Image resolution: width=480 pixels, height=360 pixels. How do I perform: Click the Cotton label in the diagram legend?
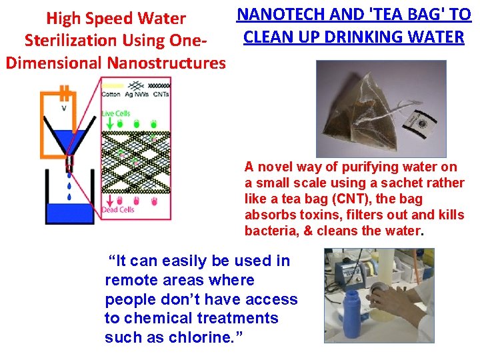click(x=111, y=95)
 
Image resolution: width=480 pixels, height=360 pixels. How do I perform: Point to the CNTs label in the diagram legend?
click(x=161, y=95)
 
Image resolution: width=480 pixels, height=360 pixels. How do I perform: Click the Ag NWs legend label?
click(x=137, y=95)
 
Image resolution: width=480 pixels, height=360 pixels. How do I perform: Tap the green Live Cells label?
click(x=117, y=113)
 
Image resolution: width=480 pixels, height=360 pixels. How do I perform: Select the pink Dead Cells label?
click(x=118, y=209)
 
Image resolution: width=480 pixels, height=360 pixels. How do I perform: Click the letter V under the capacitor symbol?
click(x=63, y=108)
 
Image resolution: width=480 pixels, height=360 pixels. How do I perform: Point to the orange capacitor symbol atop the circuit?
click(x=64, y=91)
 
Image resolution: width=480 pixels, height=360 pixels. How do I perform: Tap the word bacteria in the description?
click(x=269, y=231)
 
